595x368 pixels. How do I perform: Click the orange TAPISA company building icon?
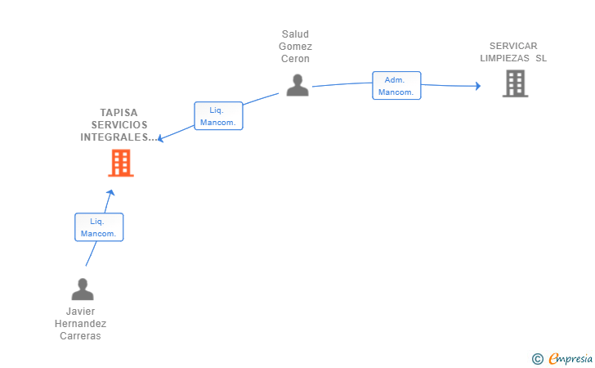121,164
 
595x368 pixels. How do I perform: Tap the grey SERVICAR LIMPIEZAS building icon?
515,83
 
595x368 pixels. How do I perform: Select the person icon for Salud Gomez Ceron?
297,85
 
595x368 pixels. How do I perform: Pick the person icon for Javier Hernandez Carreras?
83,289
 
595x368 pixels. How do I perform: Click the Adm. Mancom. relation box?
396,86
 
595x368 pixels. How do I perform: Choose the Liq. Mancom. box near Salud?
218,115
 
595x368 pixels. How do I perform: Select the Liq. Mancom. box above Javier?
99,227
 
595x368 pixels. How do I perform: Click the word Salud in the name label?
295,34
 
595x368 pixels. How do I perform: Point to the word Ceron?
295,59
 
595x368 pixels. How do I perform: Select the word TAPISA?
119,112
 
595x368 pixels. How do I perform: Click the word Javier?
80,312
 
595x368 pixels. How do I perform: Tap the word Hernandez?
80,324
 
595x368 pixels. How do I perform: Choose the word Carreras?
80,336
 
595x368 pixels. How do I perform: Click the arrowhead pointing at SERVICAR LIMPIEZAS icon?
477,86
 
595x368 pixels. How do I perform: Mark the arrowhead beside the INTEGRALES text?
161,139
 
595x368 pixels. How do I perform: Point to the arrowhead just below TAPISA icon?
111,193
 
